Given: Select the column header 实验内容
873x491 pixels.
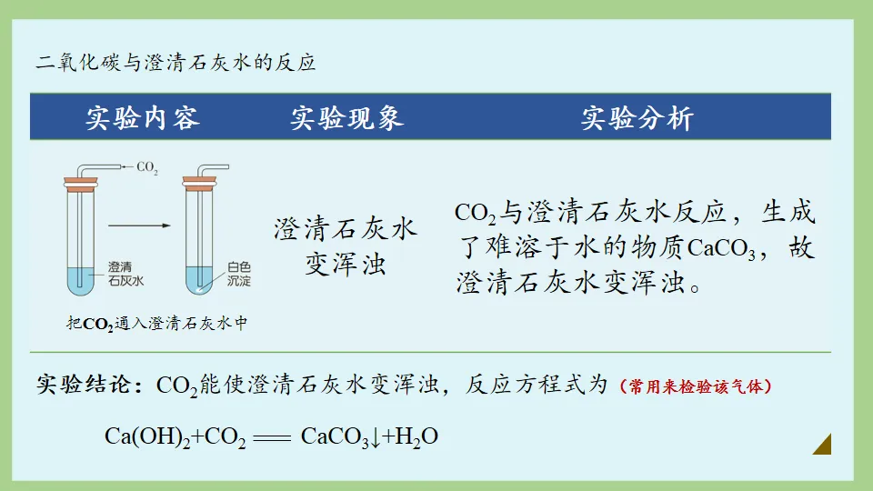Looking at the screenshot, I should pos(143,118).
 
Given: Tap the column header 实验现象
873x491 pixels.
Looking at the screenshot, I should pos(346,118).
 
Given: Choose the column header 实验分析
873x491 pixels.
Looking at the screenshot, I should pos(637,118).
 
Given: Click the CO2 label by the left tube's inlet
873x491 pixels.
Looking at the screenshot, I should pos(146,168).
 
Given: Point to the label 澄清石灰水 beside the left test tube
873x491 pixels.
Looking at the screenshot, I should pos(125,274).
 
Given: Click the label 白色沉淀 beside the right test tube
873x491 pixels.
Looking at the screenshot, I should pos(239,274).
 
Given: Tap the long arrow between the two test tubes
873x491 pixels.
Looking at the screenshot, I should pos(138,225).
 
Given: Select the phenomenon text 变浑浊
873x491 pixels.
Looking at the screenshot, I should pos(346,264).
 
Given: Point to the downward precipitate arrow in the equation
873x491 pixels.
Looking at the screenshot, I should pos(375,437).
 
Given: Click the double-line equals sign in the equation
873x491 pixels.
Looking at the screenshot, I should pos(273,437).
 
